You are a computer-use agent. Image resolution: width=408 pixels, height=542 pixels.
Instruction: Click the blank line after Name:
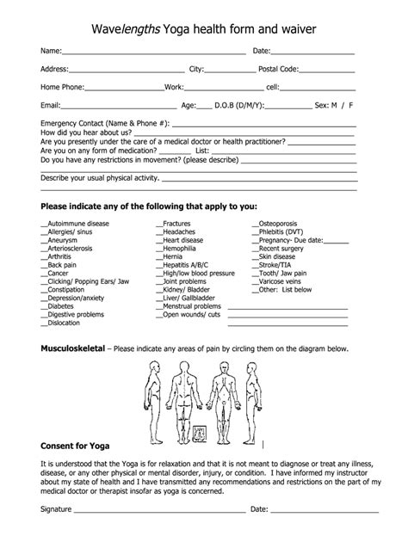click(142, 53)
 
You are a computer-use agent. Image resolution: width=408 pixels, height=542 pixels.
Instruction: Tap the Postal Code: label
click(279, 69)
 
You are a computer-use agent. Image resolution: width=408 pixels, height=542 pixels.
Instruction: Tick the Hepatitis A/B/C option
click(182, 265)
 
